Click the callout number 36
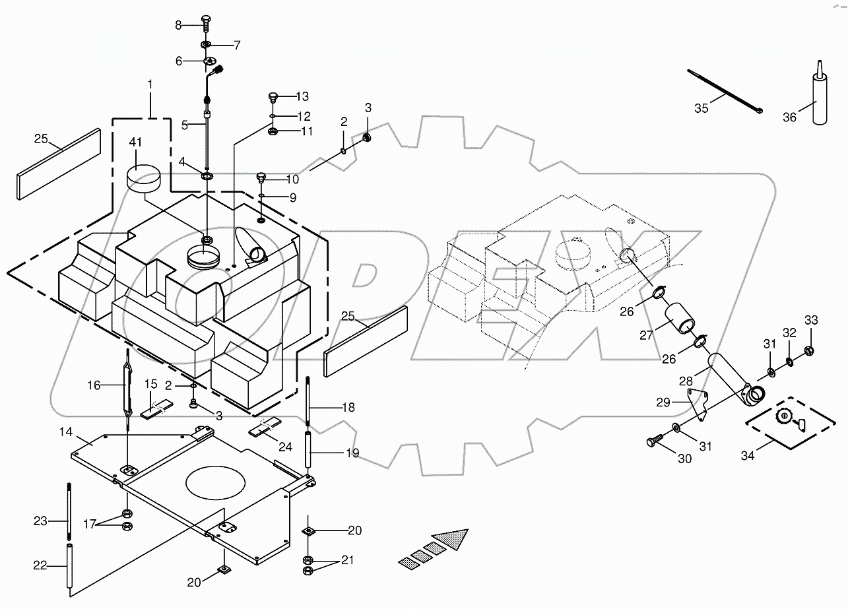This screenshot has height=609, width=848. tap(790, 117)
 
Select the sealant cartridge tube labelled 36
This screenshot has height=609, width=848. tap(819, 99)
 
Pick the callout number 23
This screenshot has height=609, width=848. tap(41, 521)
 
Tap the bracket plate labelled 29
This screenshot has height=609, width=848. tap(697, 402)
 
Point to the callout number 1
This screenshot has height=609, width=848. tap(150, 84)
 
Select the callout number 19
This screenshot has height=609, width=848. tap(352, 453)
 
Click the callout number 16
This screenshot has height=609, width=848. tap(94, 385)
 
